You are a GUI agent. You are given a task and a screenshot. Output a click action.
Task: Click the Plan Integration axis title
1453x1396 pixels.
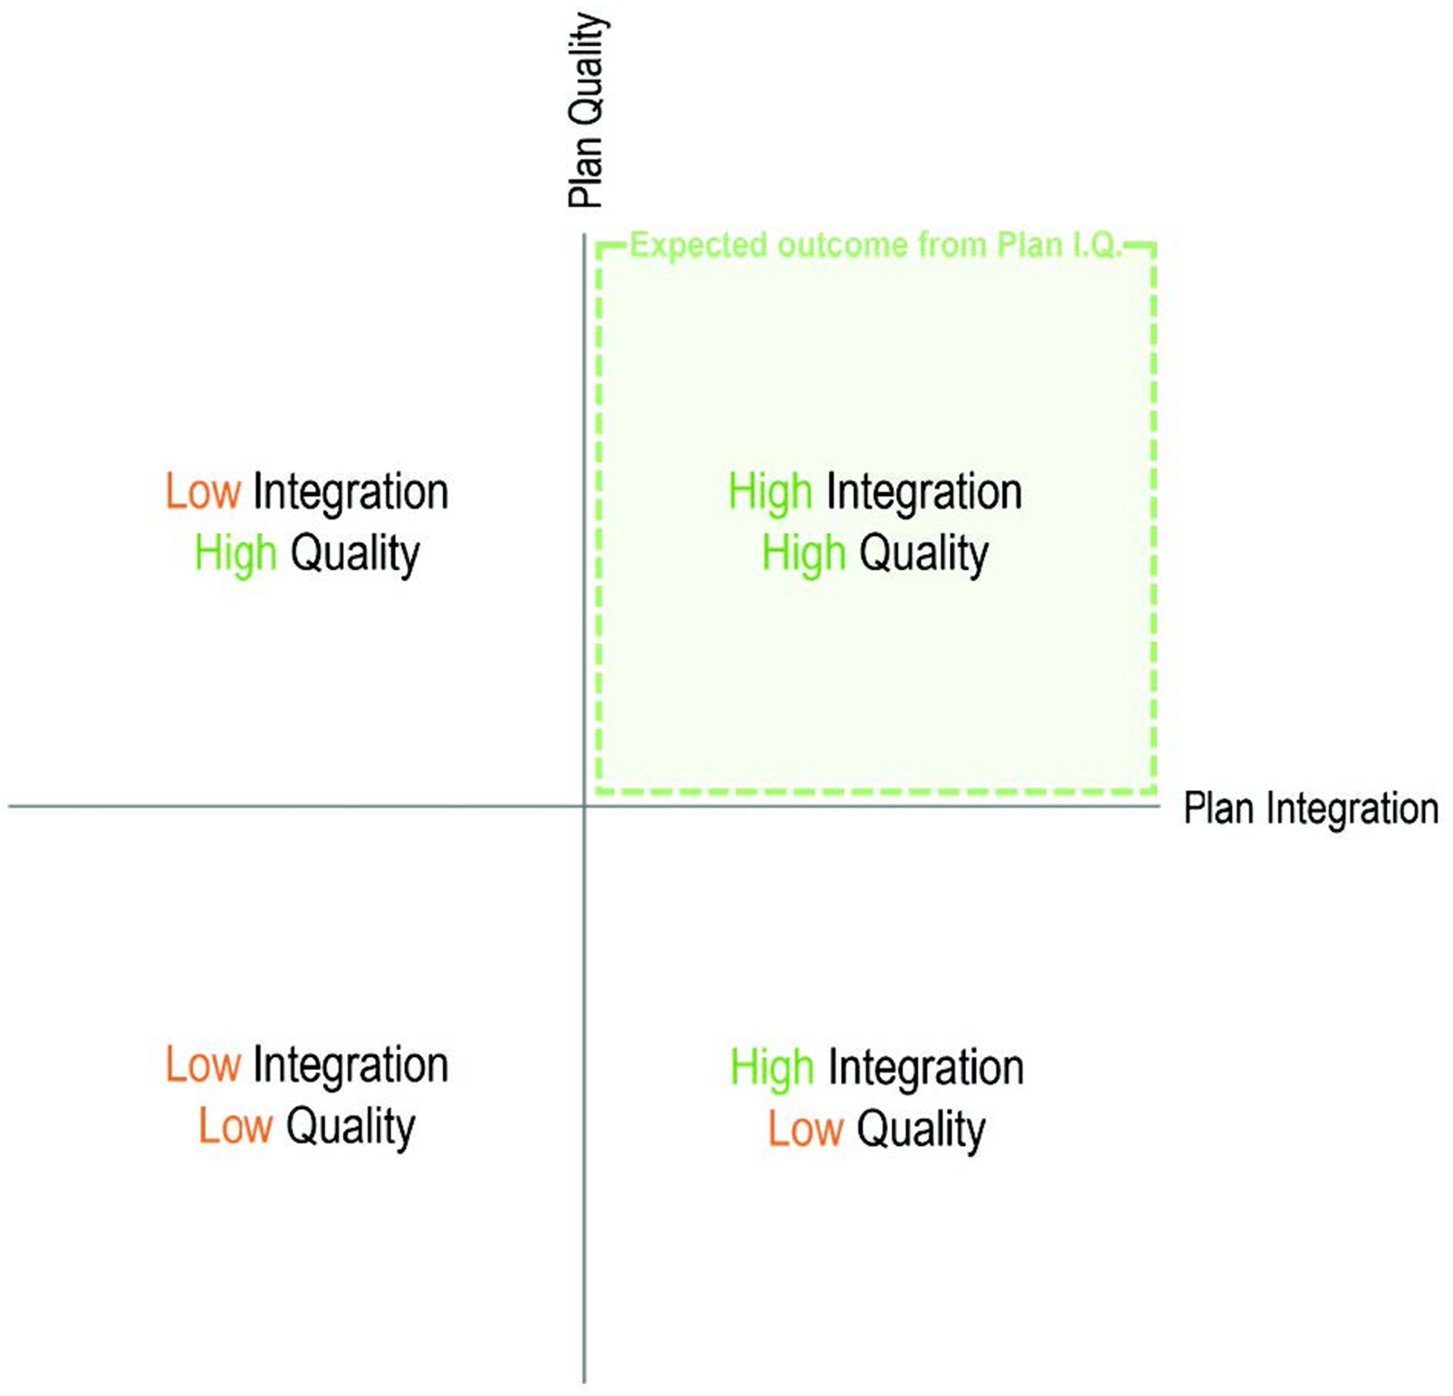1310,809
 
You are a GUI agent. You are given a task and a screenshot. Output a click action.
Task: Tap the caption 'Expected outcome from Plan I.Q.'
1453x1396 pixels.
875,246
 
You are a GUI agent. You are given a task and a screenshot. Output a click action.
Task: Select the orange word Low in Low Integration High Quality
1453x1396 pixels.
202,492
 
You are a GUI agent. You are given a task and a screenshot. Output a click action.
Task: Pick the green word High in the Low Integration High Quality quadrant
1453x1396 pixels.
236,554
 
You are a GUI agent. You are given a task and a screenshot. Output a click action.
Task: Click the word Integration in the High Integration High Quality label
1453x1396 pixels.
924,492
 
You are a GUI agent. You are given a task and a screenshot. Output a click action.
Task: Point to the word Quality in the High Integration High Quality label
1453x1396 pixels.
924,555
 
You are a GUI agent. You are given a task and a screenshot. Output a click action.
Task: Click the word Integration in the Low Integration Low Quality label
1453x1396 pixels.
351,1065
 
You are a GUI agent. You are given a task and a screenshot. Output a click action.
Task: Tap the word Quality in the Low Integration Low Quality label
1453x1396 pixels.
351,1127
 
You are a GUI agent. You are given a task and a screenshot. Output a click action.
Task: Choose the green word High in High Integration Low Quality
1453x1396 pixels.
771,1067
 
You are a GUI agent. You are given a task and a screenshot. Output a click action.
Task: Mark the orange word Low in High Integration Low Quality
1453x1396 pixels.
805,1129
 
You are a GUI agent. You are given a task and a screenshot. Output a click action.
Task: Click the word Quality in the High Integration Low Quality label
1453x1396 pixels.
922,1130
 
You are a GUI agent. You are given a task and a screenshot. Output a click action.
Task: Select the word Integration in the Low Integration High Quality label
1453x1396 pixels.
351,492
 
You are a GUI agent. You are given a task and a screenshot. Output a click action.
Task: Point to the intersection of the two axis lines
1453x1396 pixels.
584,806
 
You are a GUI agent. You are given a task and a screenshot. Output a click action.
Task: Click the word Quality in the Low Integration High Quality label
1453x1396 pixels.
355,555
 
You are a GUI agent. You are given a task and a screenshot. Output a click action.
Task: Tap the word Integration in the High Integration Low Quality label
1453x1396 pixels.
926,1067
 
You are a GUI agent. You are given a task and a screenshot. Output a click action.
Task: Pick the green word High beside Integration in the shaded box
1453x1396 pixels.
770,492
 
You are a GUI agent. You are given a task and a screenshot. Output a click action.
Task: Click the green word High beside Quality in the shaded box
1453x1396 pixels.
803,554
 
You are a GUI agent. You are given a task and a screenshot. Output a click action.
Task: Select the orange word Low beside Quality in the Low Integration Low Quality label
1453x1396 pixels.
236,1126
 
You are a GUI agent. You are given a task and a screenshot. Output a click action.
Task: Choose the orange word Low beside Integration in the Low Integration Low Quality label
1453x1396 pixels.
202,1065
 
